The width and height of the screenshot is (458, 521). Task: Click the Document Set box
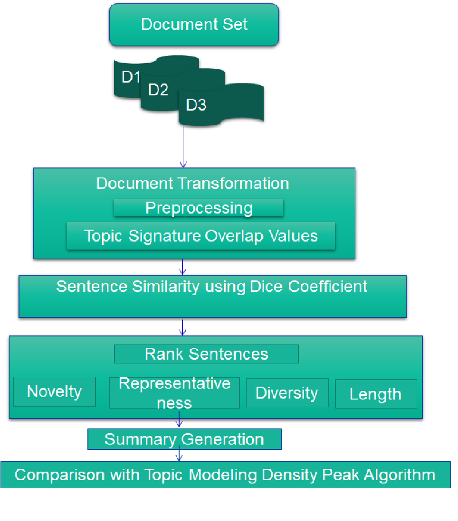pyautogui.click(x=194, y=25)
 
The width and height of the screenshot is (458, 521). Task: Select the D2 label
pyautogui.click(x=158, y=89)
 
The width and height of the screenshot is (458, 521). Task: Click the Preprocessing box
pyautogui.click(x=199, y=208)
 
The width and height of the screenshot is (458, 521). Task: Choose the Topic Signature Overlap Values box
pyautogui.click(x=200, y=236)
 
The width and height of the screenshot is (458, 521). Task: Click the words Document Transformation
pyautogui.click(x=192, y=184)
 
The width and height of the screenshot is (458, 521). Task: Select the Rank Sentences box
pyautogui.click(x=206, y=354)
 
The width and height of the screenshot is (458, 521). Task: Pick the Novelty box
pyautogui.click(x=54, y=391)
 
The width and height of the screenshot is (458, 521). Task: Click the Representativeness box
pyautogui.click(x=174, y=392)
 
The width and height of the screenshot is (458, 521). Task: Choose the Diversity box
pyautogui.click(x=286, y=393)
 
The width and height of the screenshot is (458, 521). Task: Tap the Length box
pyautogui.click(x=375, y=394)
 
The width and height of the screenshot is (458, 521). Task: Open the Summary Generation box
pyautogui.click(x=184, y=439)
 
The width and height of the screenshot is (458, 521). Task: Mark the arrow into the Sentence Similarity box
pyautogui.click(x=183, y=267)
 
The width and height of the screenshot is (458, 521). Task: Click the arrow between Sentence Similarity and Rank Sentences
pyautogui.click(x=183, y=327)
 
